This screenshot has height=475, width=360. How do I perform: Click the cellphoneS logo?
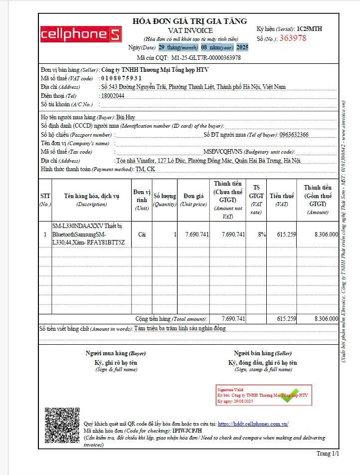(80, 34)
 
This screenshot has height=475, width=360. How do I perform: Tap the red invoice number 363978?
(293, 38)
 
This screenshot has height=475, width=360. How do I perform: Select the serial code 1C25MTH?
(309, 29)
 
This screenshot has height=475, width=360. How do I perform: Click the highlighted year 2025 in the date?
(242, 47)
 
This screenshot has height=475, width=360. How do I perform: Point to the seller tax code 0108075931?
(121, 78)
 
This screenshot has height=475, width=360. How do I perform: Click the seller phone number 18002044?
(112, 95)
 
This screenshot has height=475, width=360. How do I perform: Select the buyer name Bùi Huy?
(126, 117)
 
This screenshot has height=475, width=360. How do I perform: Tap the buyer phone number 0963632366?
(294, 135)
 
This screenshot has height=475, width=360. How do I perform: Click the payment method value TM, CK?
(146, 169)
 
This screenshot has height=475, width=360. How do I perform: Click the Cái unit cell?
(142, 235)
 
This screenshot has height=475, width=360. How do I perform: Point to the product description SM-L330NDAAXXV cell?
(90, 234)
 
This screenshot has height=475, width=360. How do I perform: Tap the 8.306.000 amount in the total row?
(326, 318)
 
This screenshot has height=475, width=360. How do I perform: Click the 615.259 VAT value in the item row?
(286, 235)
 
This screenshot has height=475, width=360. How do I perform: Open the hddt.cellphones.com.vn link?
(253, 424)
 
